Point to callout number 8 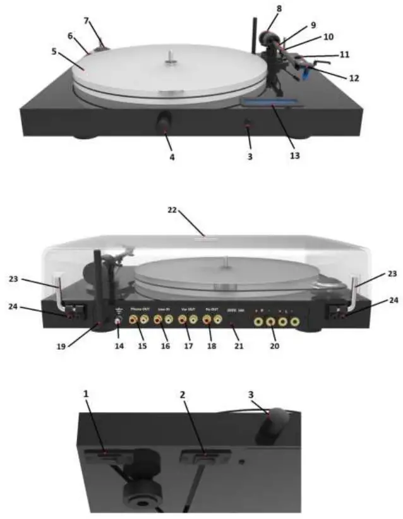(279, 9)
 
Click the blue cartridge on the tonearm (306, 75)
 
